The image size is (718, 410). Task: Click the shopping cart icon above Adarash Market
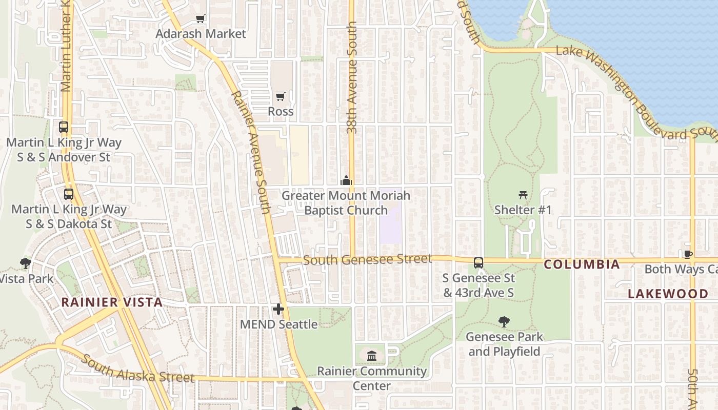(201, 19)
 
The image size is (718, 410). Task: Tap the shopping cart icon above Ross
(281, 96)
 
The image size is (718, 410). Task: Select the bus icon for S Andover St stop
(64, 127)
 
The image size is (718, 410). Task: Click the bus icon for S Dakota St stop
(69, 194)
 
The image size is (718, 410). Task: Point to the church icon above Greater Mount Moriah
(346, 180)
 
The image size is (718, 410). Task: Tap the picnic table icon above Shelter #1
(523, 195)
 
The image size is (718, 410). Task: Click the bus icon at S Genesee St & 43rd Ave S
(478, 263)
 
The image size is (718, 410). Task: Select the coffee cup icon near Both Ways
(688, 254)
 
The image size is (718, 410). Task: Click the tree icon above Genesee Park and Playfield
(504, 322)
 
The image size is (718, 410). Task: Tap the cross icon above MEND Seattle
(278, 309)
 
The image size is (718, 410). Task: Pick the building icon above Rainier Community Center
(372, 355)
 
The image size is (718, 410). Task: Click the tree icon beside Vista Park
(25, 264)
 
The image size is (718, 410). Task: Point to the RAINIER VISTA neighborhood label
(112, 302)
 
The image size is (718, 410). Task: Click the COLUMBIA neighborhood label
(582, 265)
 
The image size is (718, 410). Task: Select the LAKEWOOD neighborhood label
(668, 294)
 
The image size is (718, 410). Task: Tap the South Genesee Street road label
(367, 260)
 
